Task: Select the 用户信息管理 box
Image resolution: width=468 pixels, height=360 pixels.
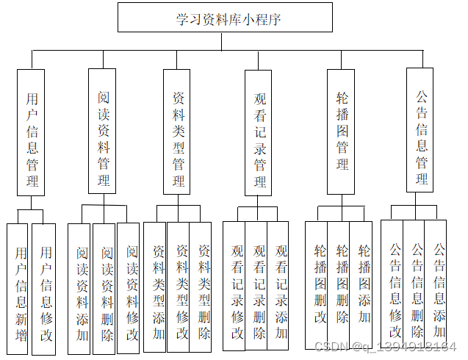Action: (31, 132)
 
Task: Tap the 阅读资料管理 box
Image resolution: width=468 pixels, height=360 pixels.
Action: (102, 132)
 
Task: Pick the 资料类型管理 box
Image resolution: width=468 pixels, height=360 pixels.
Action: (177, 132)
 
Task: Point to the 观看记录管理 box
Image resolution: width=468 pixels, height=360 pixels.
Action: (259, 132)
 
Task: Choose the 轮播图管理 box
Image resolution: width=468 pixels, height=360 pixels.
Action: (341, 132)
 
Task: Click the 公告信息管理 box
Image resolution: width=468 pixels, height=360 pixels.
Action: (421, 132)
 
